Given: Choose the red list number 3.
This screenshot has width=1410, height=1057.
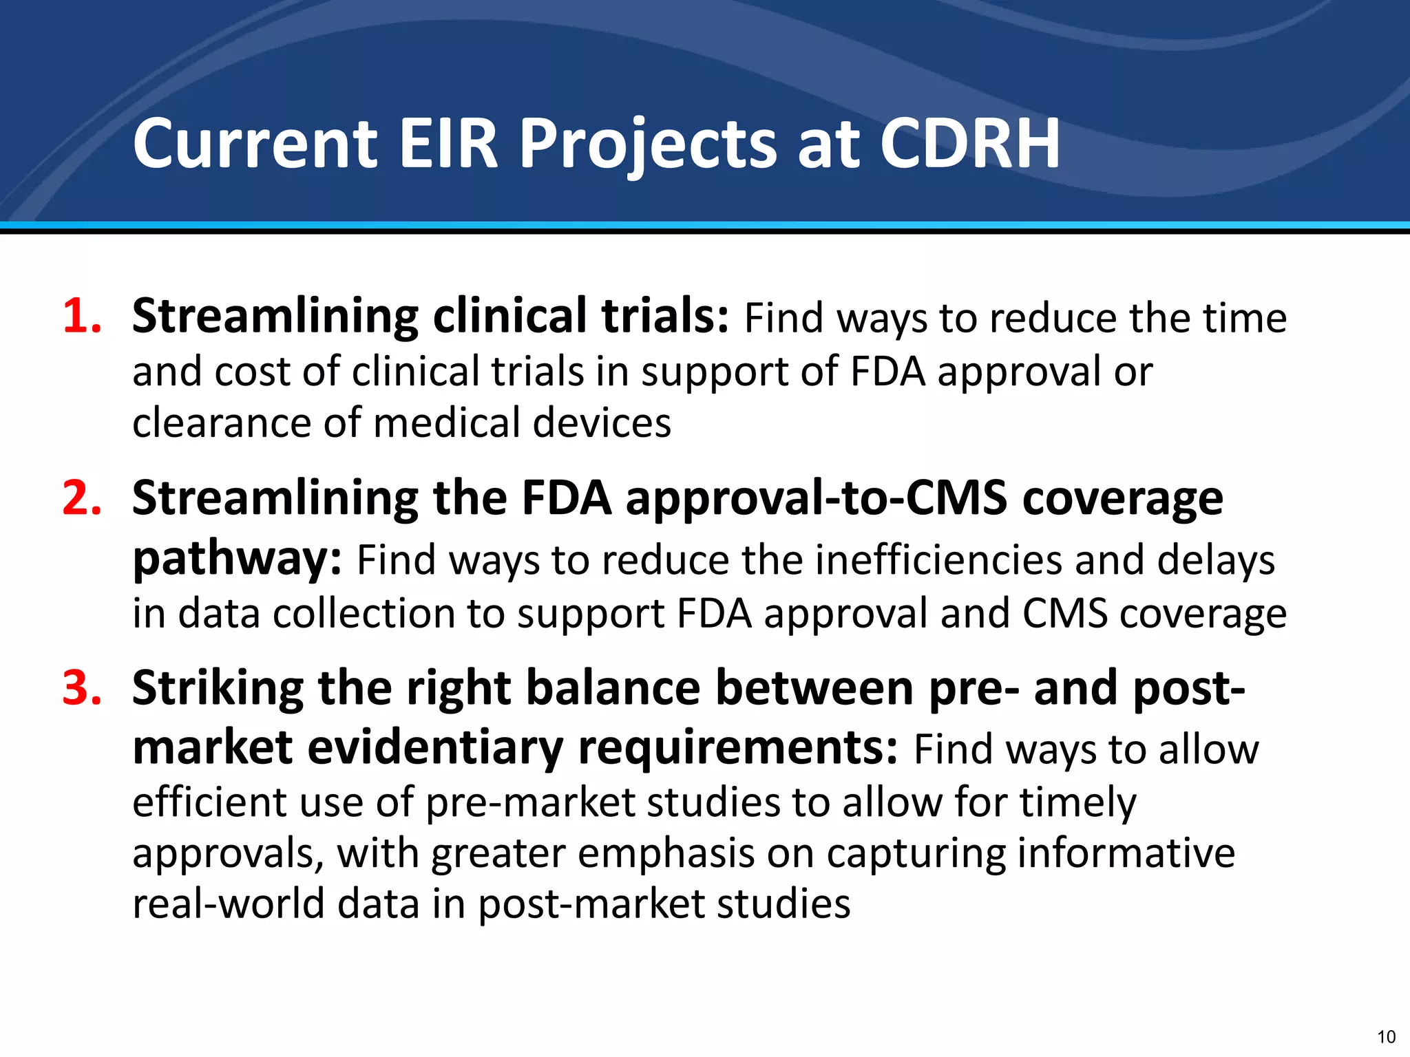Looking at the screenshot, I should coord(82,687).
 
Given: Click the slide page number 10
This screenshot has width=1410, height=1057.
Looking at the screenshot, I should coord(1386,1037).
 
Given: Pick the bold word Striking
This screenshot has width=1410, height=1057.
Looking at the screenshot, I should coord(218,688).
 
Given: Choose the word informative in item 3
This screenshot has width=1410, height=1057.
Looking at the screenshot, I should coord(1126,853).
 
